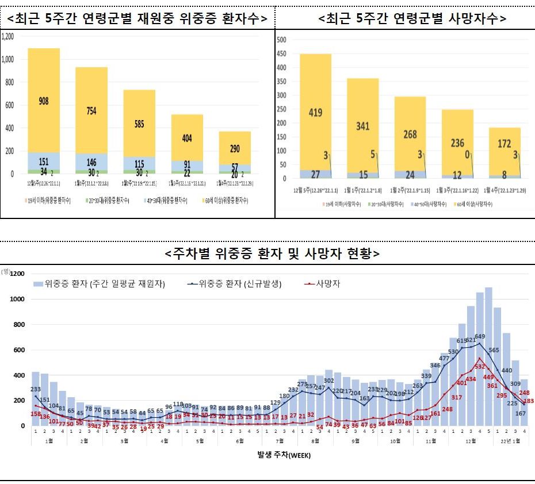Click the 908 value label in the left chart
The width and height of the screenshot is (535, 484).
click(44, 101)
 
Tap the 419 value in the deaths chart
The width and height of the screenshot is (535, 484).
click(315, 113)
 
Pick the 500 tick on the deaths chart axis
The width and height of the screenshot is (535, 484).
click(281, 40)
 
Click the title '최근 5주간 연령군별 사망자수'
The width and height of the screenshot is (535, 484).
click(412, 18)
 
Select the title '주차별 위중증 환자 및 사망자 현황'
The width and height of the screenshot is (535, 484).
click(272, 253)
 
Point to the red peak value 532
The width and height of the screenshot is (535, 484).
click(480, 367)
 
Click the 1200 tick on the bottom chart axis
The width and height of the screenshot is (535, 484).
click(16, 274)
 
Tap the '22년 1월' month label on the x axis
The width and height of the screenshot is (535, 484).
click(510, 441)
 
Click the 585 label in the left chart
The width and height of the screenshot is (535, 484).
click(139, 122)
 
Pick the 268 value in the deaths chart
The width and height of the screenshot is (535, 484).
click(410, 135)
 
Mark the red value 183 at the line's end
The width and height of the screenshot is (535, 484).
click(529, 401)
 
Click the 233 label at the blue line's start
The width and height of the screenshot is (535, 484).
click(36, 390)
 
